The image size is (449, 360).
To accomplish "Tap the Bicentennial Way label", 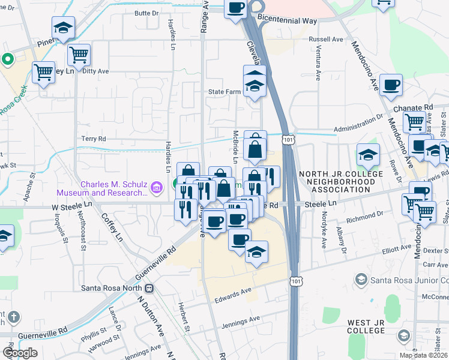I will [287, 20].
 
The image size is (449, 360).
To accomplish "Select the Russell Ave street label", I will [325, 40].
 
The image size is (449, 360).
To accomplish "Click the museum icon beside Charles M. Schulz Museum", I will [157, 188].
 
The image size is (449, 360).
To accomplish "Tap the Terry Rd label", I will [94, 138].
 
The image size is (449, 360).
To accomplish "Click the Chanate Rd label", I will [413, 107].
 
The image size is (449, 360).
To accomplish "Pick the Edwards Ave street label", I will [234, 291].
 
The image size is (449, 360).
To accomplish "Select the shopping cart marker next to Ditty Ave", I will [79, 55].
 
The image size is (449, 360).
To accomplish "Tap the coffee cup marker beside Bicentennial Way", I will [235, 8].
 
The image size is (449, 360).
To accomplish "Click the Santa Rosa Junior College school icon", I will [361, 279].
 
